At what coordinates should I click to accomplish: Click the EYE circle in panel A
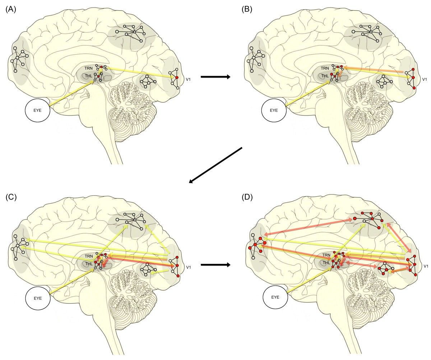38,110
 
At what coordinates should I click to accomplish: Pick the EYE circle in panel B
274,110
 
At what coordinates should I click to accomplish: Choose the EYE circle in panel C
38,298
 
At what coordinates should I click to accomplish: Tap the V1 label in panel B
424,79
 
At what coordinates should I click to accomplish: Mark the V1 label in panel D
426,266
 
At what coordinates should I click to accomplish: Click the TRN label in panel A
88,68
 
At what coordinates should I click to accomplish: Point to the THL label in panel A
88,76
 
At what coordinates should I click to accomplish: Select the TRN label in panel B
325,68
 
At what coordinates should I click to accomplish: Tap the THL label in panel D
326,263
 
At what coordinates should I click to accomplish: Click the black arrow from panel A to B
215,77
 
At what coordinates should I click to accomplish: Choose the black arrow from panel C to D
215,265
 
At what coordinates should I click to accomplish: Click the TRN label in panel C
88,256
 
